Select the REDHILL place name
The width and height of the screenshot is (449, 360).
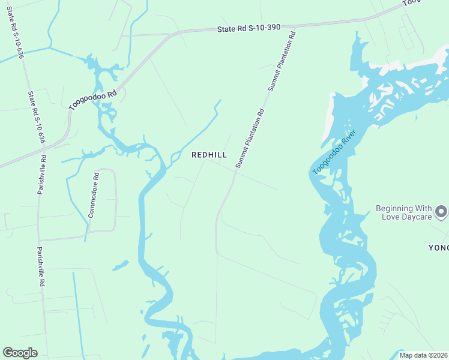click(209, 155)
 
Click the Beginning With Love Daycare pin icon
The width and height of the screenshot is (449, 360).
click(441, 211)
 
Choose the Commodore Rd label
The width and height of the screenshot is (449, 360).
click(93, 195)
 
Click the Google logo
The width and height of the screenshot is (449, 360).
click(20, 353)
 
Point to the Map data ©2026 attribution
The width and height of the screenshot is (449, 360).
click(423, 355)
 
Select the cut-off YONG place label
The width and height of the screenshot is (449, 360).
click(438, 247)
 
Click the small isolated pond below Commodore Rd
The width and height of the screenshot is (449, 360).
click(120, 265)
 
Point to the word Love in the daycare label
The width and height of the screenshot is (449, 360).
click(391, 217)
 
